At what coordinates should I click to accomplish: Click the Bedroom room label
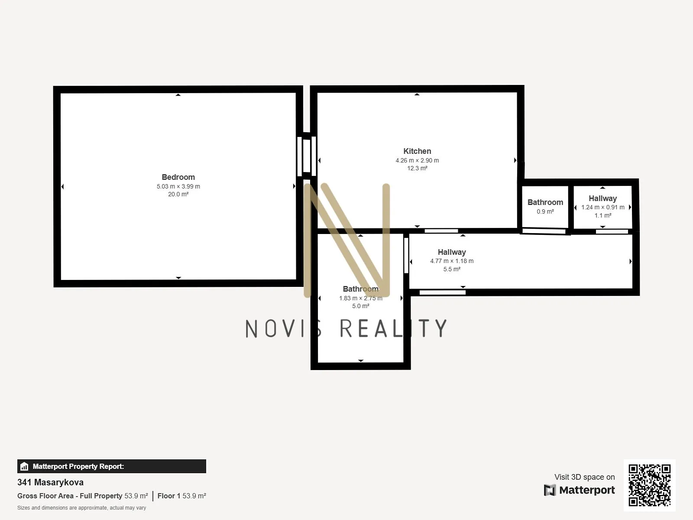(x=178, y=177)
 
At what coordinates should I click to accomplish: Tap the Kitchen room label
(x=417, y=151)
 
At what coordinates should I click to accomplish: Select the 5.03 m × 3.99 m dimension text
(x=178, y=186)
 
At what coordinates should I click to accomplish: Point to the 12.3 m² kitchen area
(x=417, y=168)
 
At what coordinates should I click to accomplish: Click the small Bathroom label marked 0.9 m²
(x=545, y=202)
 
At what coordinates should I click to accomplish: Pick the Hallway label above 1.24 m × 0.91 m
(x=603, y=198)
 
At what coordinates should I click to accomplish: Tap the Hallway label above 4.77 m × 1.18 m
(x=452, y=252)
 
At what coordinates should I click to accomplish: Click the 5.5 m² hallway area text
(x=452, y=269)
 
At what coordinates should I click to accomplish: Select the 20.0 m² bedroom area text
(x=178, y=194)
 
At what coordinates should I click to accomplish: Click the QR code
(x=649, y=485)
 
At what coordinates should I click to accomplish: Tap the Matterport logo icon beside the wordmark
(x=550, y=490)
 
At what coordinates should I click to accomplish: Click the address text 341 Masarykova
(x=51, y=482)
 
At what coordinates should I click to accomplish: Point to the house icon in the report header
(x=24, y=466)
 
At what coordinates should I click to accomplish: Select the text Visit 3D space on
(x=584, y=477)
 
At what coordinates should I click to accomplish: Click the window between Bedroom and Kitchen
(x=307, y=156)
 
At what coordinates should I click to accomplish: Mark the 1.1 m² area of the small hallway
(x=603, y=216)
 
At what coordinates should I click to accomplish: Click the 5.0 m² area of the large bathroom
(x=360, y=306)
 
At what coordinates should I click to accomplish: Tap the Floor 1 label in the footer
(x=169, y=496)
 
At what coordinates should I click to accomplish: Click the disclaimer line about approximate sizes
(x=81, y=508)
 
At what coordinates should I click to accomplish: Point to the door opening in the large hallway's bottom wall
(x=442, y=292)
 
